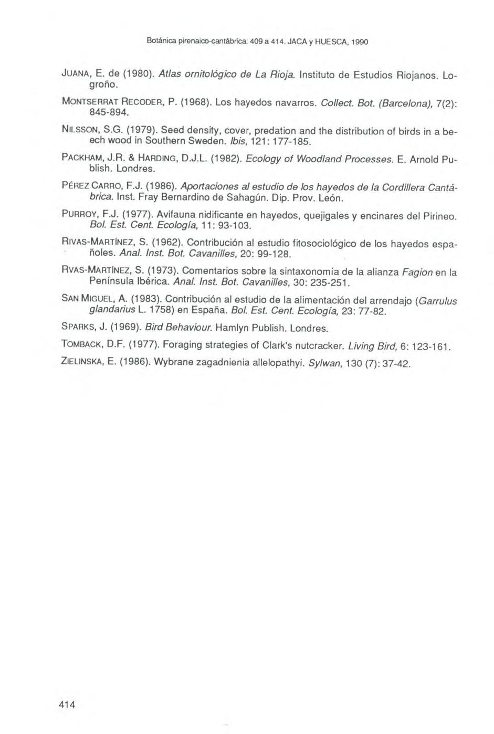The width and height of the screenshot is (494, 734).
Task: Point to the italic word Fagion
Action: tap(417, 271)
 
